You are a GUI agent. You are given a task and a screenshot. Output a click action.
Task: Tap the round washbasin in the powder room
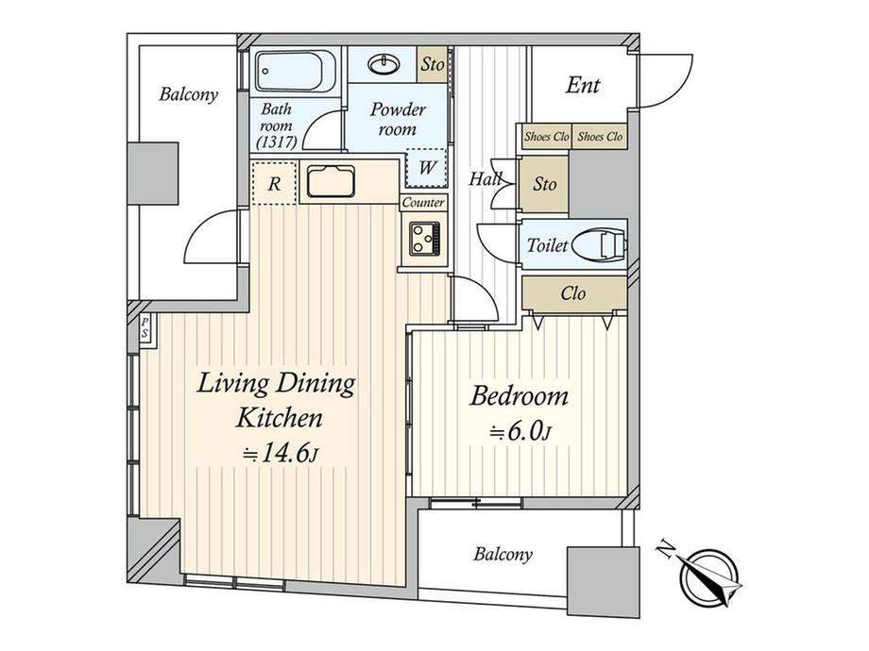pyautogui.click(x=383, y=65)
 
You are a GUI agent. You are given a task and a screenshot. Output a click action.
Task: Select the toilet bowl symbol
pyautogui.click(x=599, y=244)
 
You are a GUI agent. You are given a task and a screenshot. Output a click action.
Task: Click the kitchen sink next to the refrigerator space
pyautogui.click(x=331, y=181)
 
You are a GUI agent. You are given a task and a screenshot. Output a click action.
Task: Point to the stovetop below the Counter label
pyautogui.click(x=424, y=239)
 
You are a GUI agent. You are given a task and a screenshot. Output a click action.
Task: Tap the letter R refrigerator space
pyautogui.click(x=274, y=184)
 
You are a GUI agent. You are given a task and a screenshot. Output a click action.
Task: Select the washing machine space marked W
pyautogui.click(x=426, y=167)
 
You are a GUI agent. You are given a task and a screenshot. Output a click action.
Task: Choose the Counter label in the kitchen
pyautogui.click(x=423, y=203)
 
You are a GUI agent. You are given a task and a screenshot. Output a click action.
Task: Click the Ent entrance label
pyautogui.click(x=583, y=85)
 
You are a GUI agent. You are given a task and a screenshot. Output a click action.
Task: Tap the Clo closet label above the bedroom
pyautogui.click(x=573, y=292)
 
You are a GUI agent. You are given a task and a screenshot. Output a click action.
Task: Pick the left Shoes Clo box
pyautogui.click(x=547, y=137)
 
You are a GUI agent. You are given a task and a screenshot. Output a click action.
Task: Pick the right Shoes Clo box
pyautogui.click(x=600, y=137)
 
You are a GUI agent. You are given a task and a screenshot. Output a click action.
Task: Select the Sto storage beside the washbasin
pyautogui.click(x=432, y=65)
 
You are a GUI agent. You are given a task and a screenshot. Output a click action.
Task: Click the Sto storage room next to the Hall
pyautogui.click(x=545, y=184)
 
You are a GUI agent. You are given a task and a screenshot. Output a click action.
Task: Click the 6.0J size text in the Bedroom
pyautogui.click(x=520, y=432)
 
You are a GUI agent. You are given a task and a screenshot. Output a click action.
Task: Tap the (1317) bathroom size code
pyautogui.click(x=277, y=142)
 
